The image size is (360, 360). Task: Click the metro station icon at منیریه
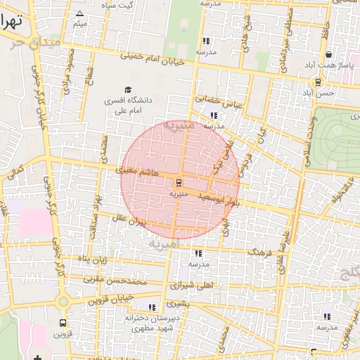coord(179,181)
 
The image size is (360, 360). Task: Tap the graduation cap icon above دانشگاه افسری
coord(128,89)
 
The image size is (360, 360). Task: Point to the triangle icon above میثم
coord(79,14)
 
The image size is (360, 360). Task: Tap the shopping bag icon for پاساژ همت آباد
coord(328,55)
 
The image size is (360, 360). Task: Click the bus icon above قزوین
coord(64,324)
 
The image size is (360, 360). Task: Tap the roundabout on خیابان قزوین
coord(64,302)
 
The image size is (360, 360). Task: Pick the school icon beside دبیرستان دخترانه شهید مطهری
coord(152,307)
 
